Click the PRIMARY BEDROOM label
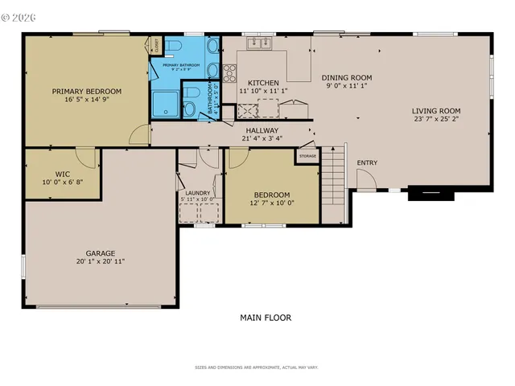click(87, 91)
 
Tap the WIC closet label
click(64, 173)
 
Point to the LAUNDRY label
click(198, 193)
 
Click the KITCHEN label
click(263, 83)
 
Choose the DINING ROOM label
click(346, 76)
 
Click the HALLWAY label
click(262, 130)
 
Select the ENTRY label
click(367, 163)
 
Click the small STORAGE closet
click(307, 155)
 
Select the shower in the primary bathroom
click(164, 104)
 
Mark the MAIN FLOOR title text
click(266, 318)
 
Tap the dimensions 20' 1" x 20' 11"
click(101, 261)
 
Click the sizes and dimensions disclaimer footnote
click(257, 368)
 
